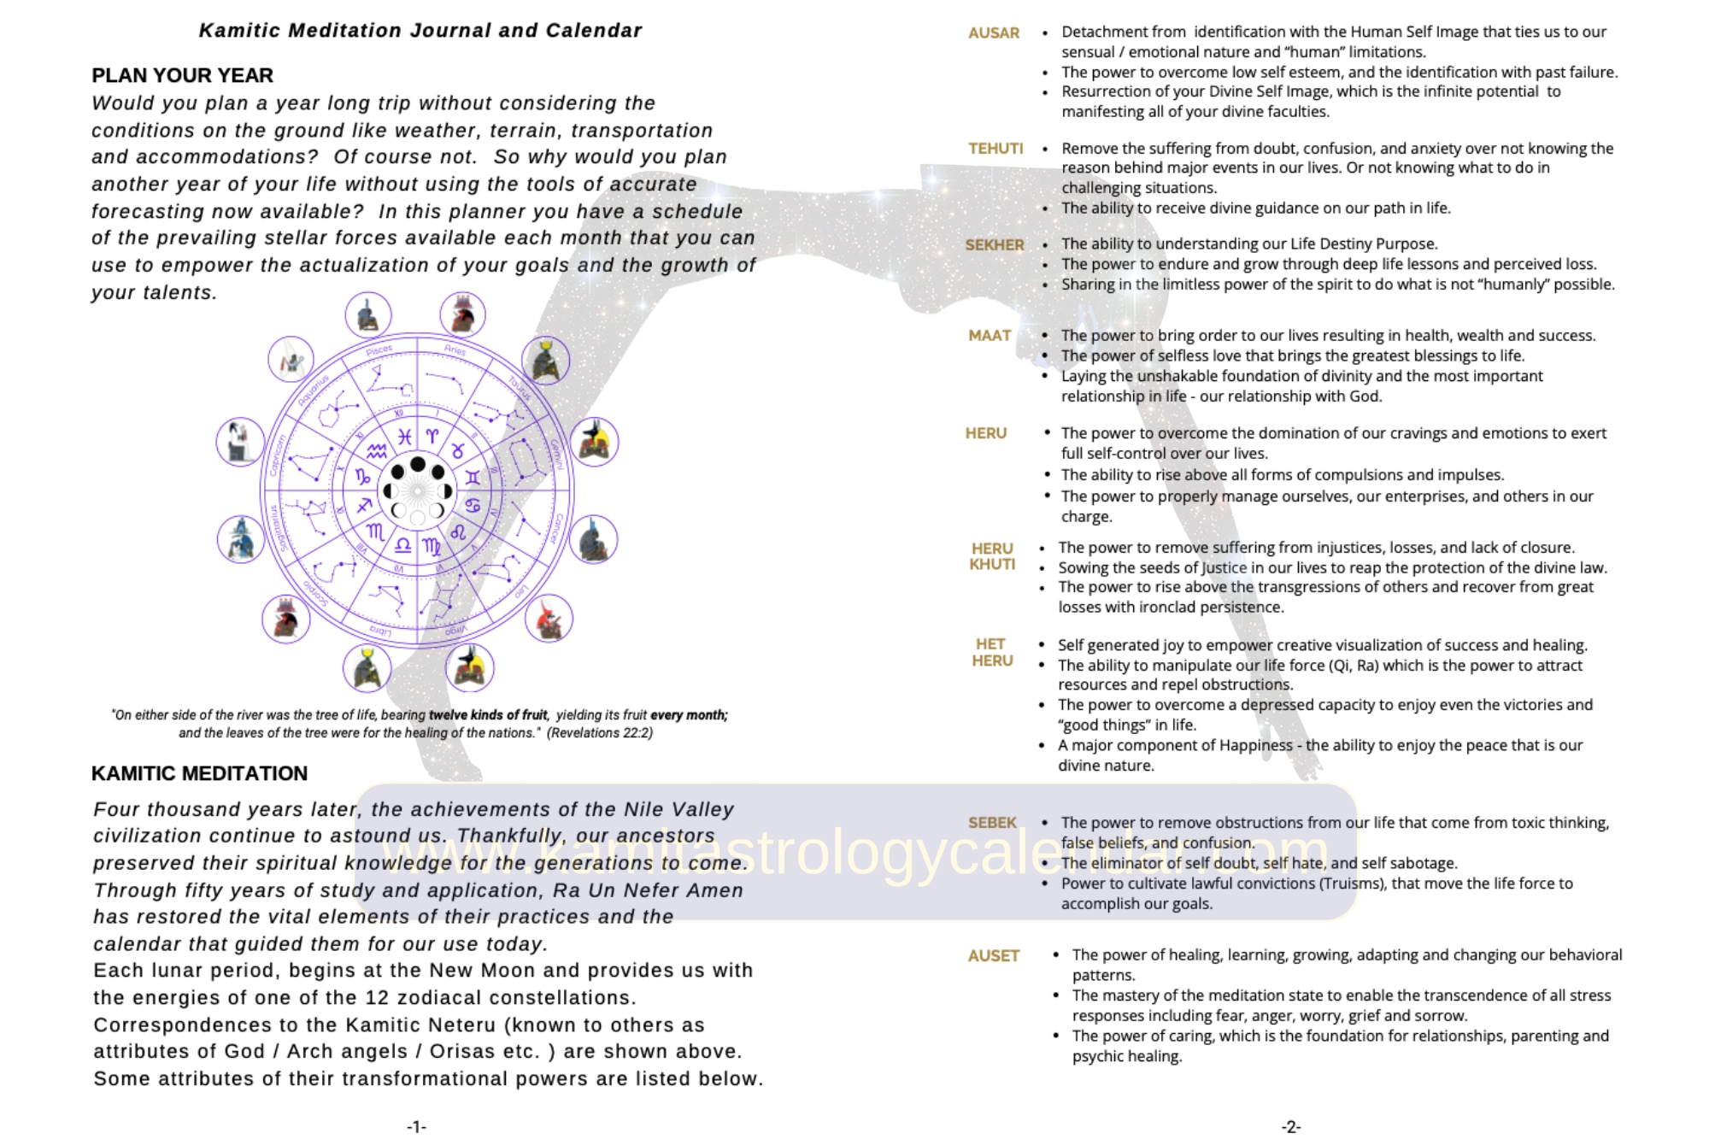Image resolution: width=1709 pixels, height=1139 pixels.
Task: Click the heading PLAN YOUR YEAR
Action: [x=182, y=75]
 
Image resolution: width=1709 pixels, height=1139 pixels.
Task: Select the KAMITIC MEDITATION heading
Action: [x=199, y=773]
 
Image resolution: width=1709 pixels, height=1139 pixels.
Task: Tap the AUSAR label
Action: [x=993, y=33]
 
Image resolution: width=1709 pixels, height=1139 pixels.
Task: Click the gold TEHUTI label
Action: [x=995, y=149]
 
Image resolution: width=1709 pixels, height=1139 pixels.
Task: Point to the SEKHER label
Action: [x=994, y=245]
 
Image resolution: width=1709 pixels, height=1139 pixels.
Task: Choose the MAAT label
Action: [x=990, y=336]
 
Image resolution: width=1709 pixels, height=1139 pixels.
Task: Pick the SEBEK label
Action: [x=992, y=823]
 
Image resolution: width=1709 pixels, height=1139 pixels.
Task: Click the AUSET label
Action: [x=993, y=956]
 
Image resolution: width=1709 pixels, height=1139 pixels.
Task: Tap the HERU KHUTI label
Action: [x=992, y=556]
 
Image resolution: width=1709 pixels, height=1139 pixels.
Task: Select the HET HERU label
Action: [x=991, y=653]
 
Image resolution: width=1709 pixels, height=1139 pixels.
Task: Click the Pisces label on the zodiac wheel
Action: [x=379, y=350]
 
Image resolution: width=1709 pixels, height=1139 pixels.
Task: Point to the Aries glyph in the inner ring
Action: [x=432, y=437]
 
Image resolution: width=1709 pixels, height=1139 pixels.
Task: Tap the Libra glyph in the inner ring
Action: [x=403, y=545]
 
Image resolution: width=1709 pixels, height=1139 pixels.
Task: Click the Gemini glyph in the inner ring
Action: [x=473, y=478]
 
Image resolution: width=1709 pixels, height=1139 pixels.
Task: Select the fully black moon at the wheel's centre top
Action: [x=417, y=464]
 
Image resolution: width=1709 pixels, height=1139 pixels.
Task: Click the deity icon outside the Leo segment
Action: [x=548, y=619]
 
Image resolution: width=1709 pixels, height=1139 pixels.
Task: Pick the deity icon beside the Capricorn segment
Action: [x=240, y=442]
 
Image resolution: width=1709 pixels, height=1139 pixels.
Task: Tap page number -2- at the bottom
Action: [x=1290, y=1127]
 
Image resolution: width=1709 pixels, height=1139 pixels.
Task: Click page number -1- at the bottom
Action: [x=416, y=1127]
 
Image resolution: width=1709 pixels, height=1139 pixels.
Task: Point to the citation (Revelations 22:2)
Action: [x=599, y=733]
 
